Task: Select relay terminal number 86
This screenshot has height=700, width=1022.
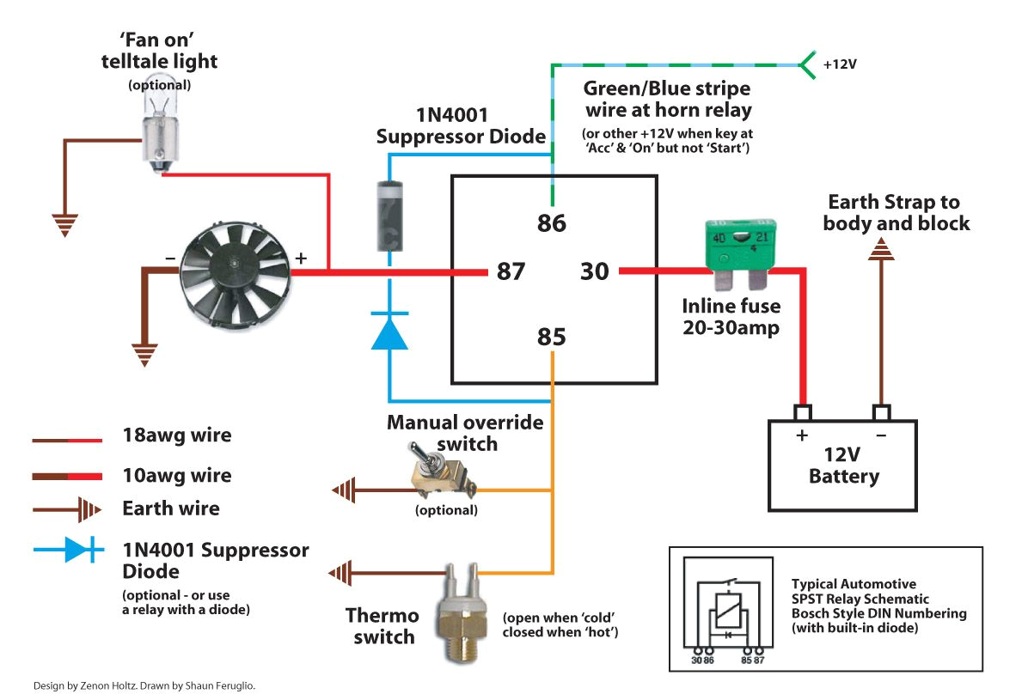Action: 552,223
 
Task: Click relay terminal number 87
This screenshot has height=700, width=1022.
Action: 511,272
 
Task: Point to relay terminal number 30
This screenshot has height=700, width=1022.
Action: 594,272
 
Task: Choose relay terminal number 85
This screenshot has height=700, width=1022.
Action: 552,337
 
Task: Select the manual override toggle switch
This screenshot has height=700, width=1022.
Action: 441,477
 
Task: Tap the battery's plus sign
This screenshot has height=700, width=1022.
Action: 801,435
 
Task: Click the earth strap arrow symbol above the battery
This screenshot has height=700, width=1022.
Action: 881,250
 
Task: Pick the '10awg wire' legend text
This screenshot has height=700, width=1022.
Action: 176,475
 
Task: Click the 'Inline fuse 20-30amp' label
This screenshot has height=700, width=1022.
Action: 731,316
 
